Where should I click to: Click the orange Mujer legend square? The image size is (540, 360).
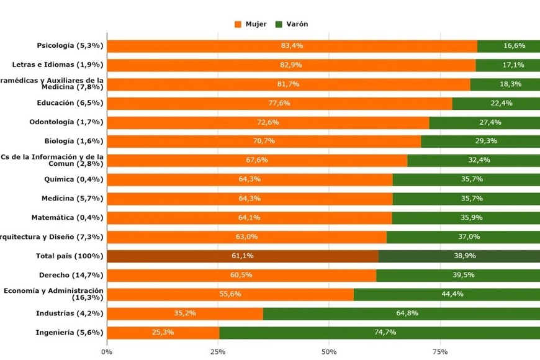point(238,24)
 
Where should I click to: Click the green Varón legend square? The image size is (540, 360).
point(279,24)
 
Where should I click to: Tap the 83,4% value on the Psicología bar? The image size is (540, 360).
point(292,46)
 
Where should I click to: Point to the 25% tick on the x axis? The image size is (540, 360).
point(218,352)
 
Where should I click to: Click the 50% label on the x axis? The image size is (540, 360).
point(329,352)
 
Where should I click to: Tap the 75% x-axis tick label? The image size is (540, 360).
point(440,352)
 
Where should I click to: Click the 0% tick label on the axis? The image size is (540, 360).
point(107,352)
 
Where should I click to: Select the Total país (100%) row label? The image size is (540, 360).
point(70,256)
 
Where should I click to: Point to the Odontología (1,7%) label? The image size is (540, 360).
point(66,122)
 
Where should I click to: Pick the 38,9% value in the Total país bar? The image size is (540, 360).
point(459,256)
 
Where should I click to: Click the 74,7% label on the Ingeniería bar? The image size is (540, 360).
point(379,333)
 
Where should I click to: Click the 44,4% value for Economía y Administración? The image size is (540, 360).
point(446,294)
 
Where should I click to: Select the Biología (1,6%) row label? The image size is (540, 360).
point(74,142)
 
